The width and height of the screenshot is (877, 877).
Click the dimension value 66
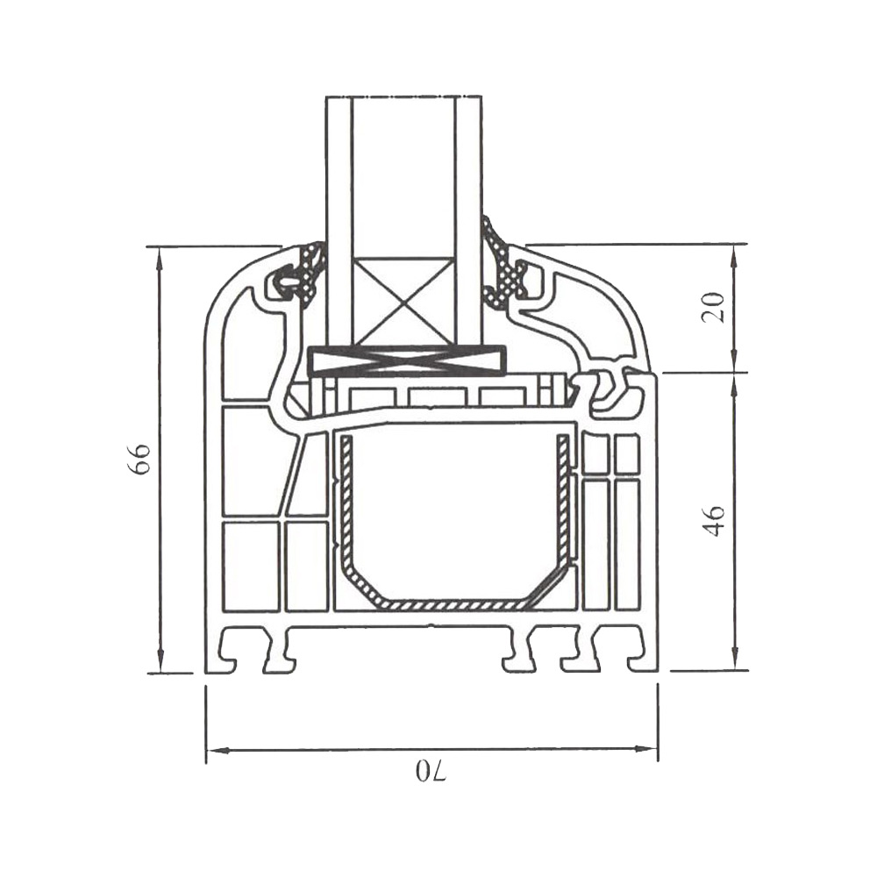click(x=141, y=459)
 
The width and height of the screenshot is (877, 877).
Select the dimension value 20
click(x=716, y=308)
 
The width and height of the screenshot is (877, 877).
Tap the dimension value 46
click(x=716, y=521)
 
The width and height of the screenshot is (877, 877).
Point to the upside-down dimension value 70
click(x=430, y=773)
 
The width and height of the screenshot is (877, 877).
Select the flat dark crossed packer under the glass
click(x=409, y=360)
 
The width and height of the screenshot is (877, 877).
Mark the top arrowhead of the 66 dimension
click(x=160, y=255)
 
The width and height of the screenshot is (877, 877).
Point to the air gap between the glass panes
click(x=403, y=175)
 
